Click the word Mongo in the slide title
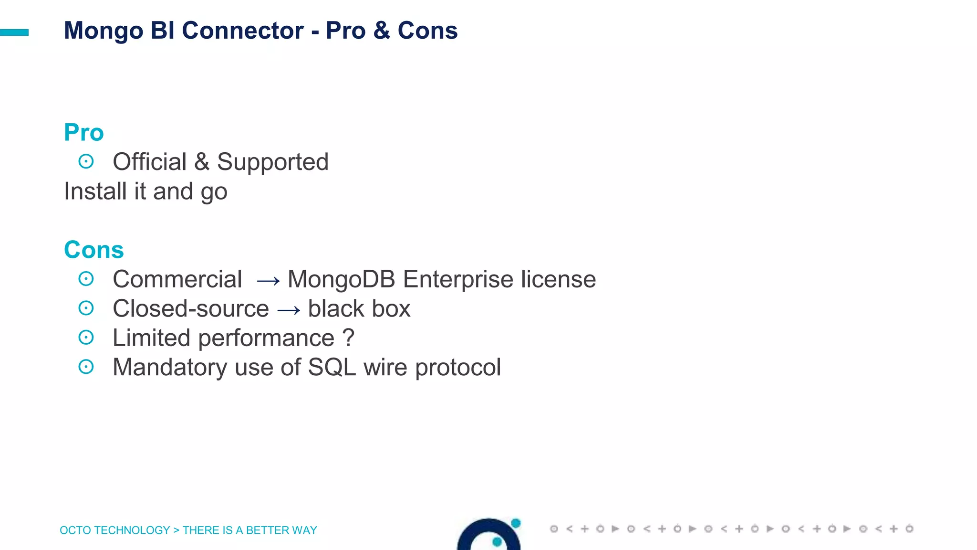[x=104, y=31]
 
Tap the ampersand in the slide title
[x=382, y=31]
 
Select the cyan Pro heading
[x=84, y=132]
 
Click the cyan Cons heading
[x=94, y=250]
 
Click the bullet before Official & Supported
[x=86, y=161]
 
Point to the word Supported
[x=272, y=162]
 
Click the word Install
[x=95, y=191]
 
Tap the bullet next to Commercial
[x=86, y=279]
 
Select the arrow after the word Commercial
[x=268, y=281]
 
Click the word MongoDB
[x=342, y=279]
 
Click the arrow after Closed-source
[x=289, y=311]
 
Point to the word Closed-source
[x=191, y=308]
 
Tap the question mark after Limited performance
[x=348, y=338]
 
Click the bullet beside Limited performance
[x=86, y=338]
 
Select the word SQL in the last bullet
[x=332, y=368]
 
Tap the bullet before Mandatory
[x=86, y=367]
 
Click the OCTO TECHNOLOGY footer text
[x=114, y=530]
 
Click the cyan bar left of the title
[x=14, y=32]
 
